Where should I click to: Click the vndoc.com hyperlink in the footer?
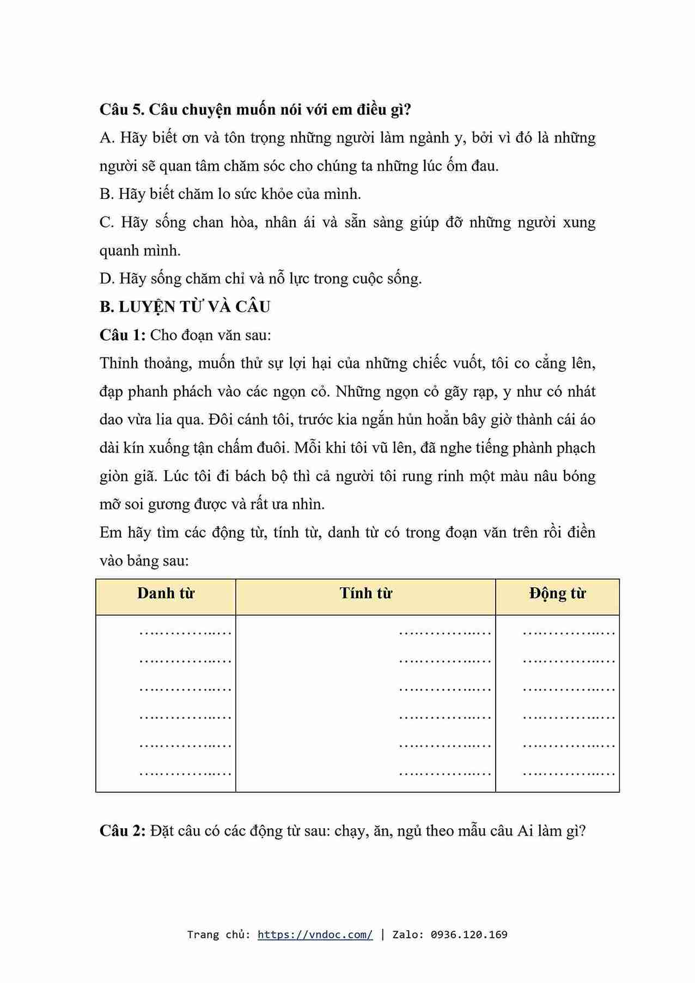(315, 935)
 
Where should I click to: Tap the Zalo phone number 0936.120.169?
(469, 935)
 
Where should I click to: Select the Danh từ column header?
(166, 593)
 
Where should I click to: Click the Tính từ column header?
(365, 593)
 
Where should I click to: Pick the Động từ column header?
(557, 593)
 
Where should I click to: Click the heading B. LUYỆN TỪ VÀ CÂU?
(185, 307)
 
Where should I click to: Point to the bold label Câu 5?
(121, 110)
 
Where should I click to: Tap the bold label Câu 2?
(123, 831)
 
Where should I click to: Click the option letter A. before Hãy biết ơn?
(107, 138)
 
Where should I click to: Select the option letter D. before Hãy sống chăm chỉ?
(107, 279)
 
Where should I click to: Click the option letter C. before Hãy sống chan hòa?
(107, 222)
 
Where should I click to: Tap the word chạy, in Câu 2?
(351, 832)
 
